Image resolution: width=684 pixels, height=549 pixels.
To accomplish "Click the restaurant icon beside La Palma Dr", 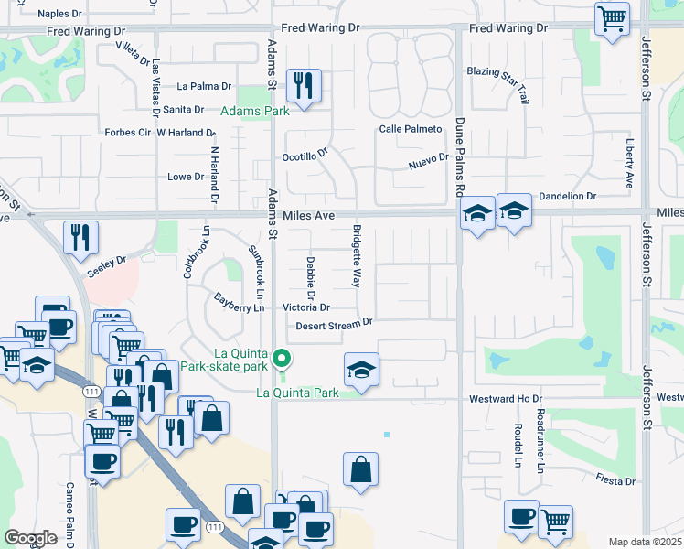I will (x=301, y=86).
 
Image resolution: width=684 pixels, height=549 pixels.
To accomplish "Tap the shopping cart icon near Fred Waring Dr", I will (x=611, y=18).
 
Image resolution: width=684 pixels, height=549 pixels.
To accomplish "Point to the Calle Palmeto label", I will (x=411, y=129).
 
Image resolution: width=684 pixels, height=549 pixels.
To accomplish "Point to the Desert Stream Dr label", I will (x=335, y=322).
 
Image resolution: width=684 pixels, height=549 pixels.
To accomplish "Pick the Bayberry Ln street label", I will (x=239, y=303).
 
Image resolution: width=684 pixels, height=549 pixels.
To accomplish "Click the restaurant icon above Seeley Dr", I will (x=80, y=237).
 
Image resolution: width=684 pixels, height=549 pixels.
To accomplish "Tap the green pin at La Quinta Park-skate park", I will (x=283, y=358).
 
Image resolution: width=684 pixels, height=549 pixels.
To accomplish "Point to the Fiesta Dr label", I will (x=615, y=480).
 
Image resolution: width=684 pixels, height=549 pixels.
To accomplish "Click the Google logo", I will (x=30, y=538).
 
